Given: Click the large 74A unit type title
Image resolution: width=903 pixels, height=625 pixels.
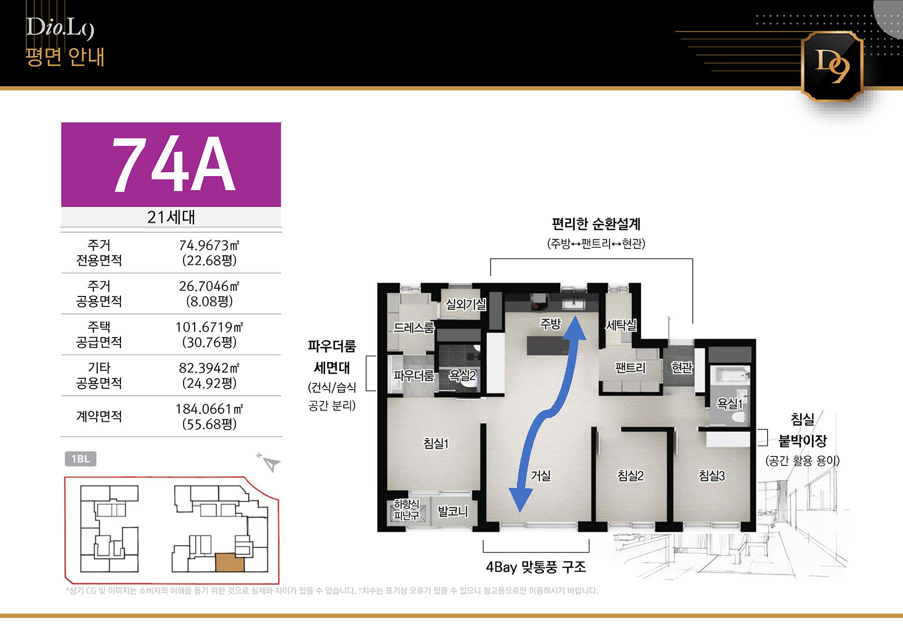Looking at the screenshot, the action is (x=173, y=164).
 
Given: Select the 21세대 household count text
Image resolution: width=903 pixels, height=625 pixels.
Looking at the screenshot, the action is (x=171, y=217).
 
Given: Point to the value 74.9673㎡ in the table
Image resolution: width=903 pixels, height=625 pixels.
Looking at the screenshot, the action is (x=209, y=245).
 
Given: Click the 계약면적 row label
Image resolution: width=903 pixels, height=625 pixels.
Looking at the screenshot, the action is (x=99, y=416).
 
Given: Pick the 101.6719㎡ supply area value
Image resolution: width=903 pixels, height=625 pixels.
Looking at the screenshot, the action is (x=209, y=327).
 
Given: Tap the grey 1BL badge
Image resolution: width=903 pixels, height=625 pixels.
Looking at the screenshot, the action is (x=80, y=459).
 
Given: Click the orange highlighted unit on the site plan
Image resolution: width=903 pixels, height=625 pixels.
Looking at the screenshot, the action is (x=230, y=563).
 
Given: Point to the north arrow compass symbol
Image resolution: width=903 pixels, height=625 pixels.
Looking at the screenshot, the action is (x=269, y=462).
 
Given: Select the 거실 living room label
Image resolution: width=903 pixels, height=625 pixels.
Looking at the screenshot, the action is (x=541, y=475).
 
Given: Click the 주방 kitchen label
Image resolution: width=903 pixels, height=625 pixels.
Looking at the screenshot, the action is (x=550, y=324).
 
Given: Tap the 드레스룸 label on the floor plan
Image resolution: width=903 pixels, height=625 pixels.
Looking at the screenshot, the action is (x=413, y=328).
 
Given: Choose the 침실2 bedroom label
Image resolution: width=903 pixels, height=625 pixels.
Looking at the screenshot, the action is (x=630, y=475).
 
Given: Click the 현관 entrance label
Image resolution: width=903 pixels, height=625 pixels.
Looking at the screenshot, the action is (x=682, y=368).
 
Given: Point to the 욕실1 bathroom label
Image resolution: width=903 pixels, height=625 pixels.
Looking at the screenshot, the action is (x=729, y=403).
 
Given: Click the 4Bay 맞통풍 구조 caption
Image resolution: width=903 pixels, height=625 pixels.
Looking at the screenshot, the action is (x=536, y=567).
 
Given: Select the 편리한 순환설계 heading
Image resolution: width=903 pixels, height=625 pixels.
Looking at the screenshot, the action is (x=596, y=224).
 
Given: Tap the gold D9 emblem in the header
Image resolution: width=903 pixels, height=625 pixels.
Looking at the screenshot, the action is (x=832, y=66).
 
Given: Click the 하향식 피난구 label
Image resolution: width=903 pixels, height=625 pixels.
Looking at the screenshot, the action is (x=406, y=509).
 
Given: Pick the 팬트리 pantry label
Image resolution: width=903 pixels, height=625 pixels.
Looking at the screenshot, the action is (x=630, y=368).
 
